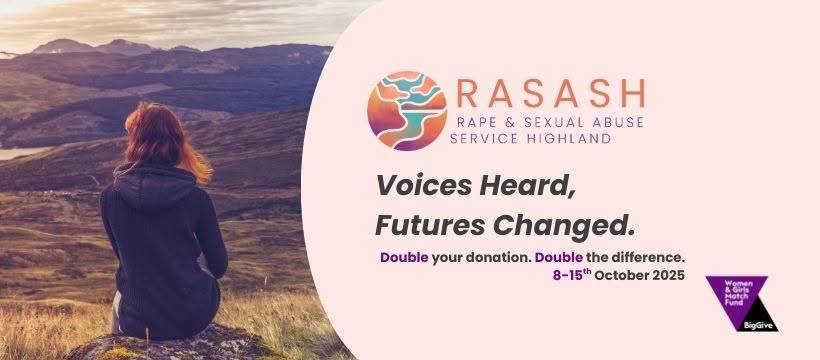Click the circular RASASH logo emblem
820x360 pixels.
click(x=407, y=111)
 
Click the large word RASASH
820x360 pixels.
click(x=551, y=94)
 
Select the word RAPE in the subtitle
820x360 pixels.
click(x=473, y=122)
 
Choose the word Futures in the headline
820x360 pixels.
click(x=430, y=225)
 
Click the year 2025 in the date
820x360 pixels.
click(x=668, y=275)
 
